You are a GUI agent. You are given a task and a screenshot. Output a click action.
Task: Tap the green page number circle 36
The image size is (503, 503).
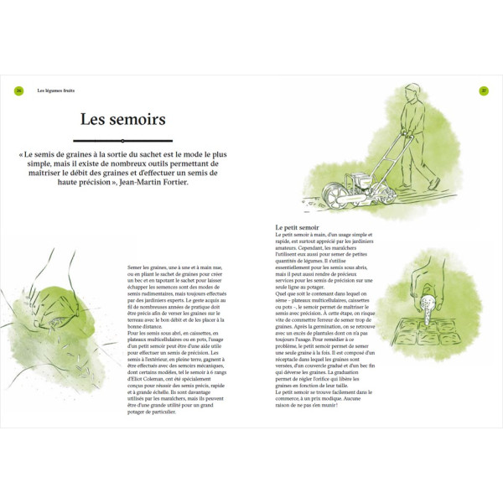[x=18, y=91]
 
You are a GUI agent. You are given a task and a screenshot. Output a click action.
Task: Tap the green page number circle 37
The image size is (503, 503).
[x=484, y=91]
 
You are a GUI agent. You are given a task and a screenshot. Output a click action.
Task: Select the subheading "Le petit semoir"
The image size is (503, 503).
[x=298, y=228]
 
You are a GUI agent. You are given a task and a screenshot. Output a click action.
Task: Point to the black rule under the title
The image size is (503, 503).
[x=122, y=141]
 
